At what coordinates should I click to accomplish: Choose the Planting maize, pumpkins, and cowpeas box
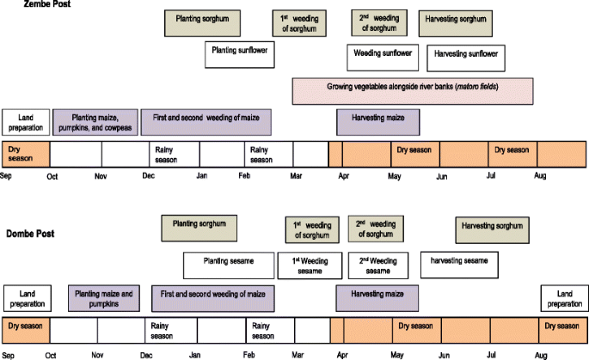[x=95, y=121]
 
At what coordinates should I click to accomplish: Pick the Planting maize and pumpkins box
[x=104, y=297]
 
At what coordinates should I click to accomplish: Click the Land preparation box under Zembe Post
[x=24, y=121]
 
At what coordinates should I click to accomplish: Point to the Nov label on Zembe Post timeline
[x=100, y=176]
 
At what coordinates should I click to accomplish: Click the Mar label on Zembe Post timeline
[x=297, y=176]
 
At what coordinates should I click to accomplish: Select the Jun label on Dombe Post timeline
[x=444, y=354]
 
